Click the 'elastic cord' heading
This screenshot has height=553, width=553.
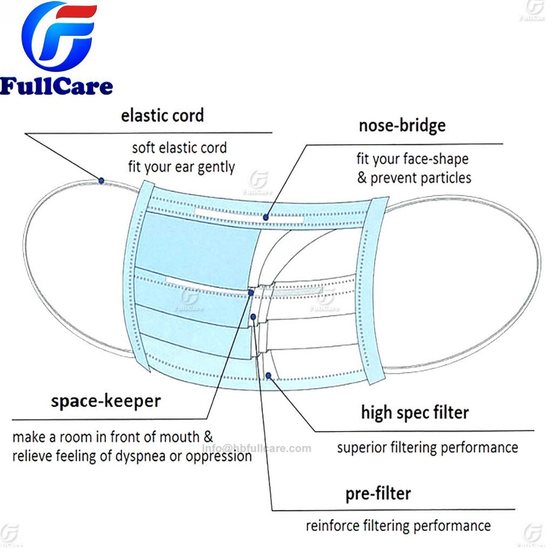pos(162,116)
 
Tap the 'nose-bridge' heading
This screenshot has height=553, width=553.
pos(402,125)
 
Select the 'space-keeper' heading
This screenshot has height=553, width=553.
pos(106,401)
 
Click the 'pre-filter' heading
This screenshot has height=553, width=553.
pos(378,493)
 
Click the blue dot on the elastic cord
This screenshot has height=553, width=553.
pos(101,180)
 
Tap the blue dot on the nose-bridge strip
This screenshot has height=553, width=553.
pos(266,217)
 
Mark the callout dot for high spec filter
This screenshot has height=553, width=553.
pos(269,375)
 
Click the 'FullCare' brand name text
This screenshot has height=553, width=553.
pos(57,86)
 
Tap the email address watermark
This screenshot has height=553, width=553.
pos(257,448)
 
